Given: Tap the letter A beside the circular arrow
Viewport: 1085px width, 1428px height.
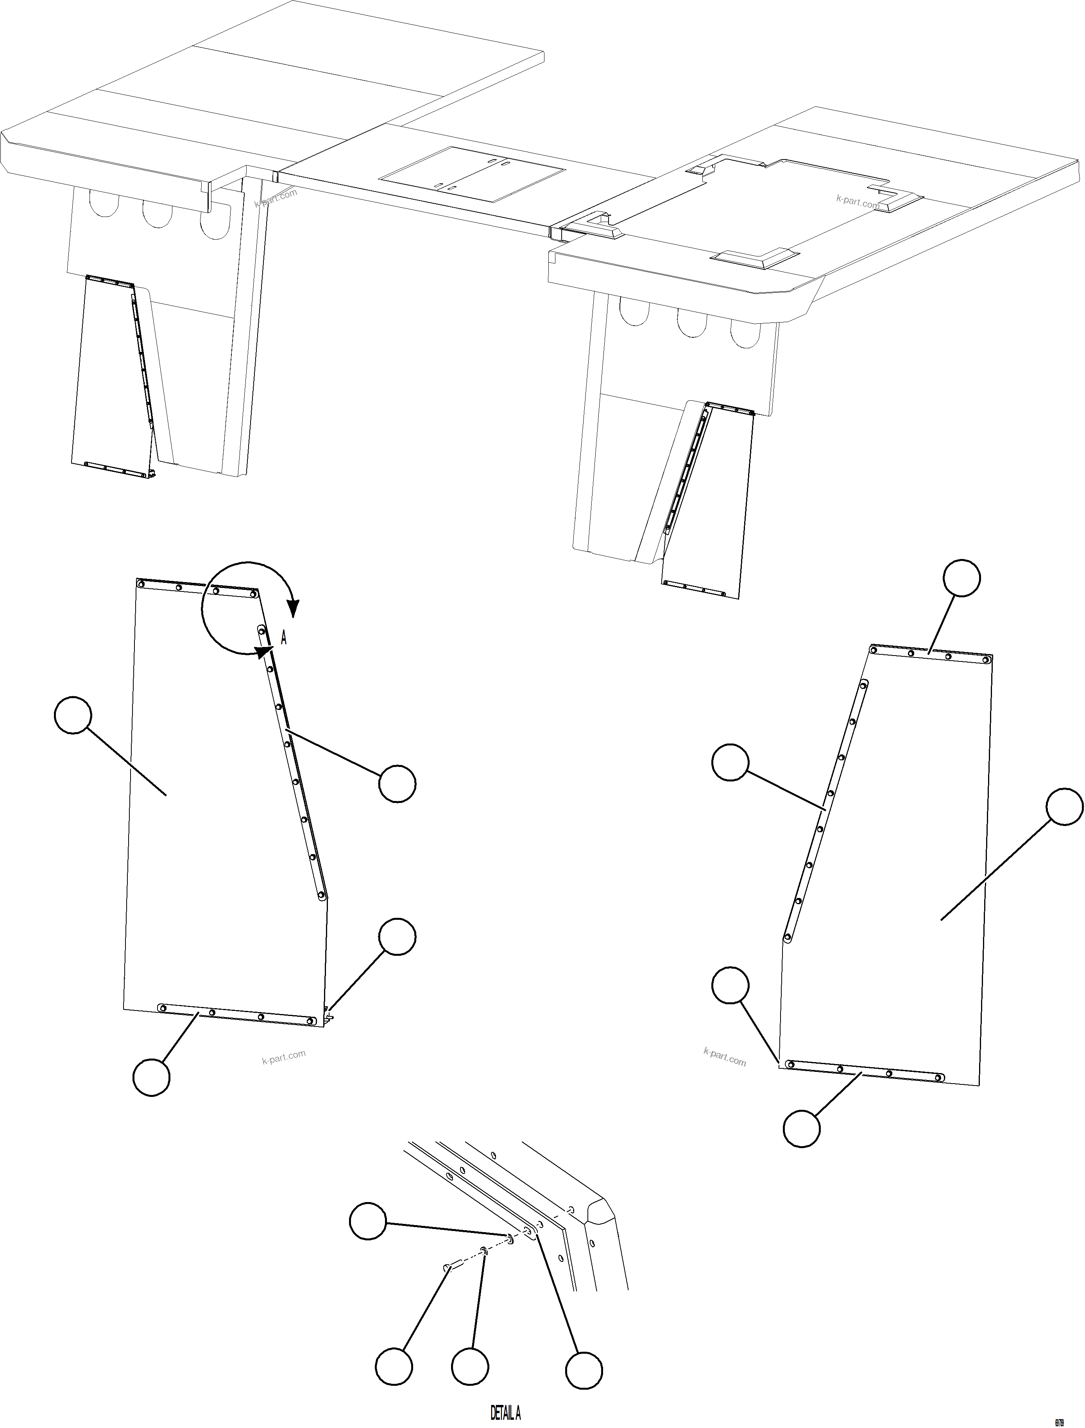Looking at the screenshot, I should coord(283,638).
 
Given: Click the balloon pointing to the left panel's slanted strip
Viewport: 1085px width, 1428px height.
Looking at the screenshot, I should coord(397,783).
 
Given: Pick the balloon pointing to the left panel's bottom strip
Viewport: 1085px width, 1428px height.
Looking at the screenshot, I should coord(151,1077).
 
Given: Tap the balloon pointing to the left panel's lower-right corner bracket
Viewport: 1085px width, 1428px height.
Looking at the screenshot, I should coord(397,937).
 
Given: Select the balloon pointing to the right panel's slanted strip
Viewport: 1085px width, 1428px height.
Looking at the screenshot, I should coord(730,762).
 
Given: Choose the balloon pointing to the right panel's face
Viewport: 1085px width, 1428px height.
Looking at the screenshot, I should coord(1064,806).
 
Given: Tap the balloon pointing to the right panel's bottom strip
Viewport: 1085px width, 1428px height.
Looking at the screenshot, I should coord(802,1128).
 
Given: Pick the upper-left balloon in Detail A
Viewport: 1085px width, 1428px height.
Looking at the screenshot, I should coord(368,1221).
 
